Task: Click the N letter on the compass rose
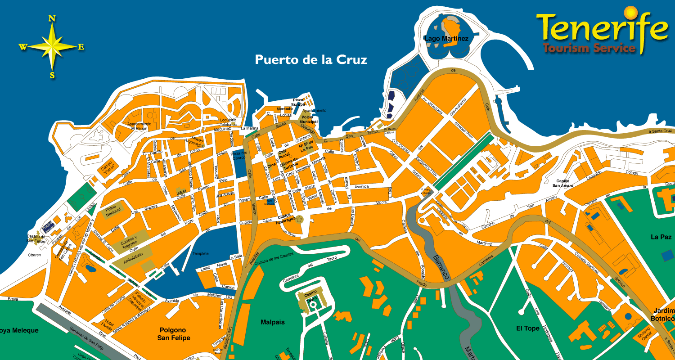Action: [52, 18]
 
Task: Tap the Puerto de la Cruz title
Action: [311, 60]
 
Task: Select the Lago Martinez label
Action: [446, 39]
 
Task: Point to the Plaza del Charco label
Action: [238, 155]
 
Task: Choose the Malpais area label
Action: [273, 322]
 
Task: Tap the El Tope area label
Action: [527, 328]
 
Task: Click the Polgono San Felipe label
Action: [174, 334]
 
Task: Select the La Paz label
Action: [661, 237]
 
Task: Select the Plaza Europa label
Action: [298, 102]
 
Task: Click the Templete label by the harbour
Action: [201, 253]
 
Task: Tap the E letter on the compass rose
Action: [81, 47]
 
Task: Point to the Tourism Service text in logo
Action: [589, 48]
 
